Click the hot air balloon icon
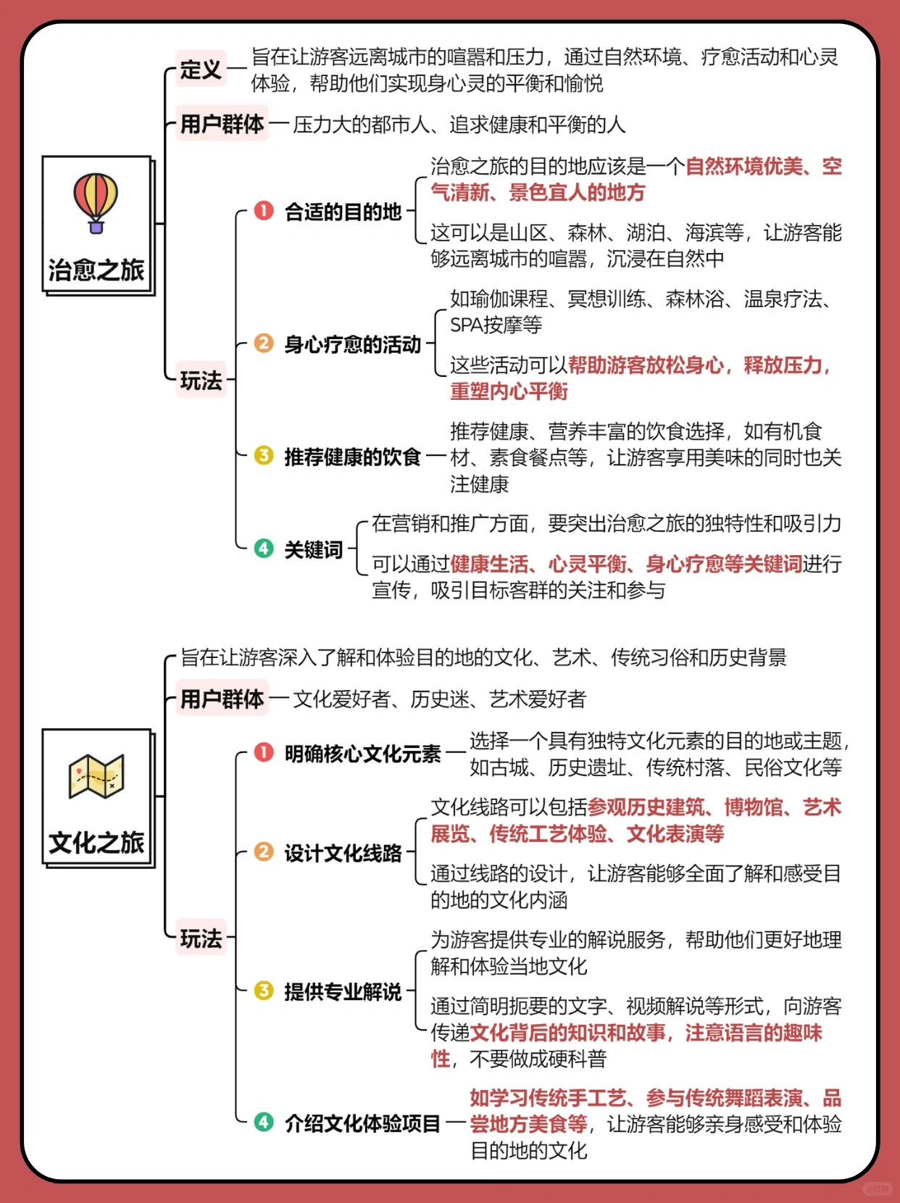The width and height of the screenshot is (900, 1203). tap(96, 203)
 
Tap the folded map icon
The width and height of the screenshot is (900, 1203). tap(96, 776)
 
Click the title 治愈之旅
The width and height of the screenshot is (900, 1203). tap(96, 270)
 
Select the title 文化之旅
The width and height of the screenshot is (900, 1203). tap(96, 843)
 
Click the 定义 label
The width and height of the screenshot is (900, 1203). tap(201, 70)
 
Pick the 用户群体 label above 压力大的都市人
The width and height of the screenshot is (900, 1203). tap(222, 124)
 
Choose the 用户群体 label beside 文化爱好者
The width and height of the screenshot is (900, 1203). tap(222, 699)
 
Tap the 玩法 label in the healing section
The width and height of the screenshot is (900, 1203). tap(201, 380)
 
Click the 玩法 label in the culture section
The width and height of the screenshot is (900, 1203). tap(201, 938)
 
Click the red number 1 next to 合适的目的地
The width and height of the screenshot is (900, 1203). tap(264, 211)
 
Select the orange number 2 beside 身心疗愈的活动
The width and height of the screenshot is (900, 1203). tap(264, 344)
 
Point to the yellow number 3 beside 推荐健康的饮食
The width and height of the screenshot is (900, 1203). tap(264, 456)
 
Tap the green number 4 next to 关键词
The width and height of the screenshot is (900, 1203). tap(264, 549)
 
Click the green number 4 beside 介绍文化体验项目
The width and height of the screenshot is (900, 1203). tap(264, 1123)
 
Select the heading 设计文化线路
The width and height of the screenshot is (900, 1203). tap(342, 853)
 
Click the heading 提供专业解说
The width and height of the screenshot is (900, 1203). tap(342, 991)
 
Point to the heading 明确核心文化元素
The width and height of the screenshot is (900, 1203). tap(362, 754)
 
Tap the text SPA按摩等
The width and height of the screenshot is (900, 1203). tap(496, 325)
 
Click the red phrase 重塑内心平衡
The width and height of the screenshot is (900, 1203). tap(509, 391)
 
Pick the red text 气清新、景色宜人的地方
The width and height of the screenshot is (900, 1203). tap(537, 193)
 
